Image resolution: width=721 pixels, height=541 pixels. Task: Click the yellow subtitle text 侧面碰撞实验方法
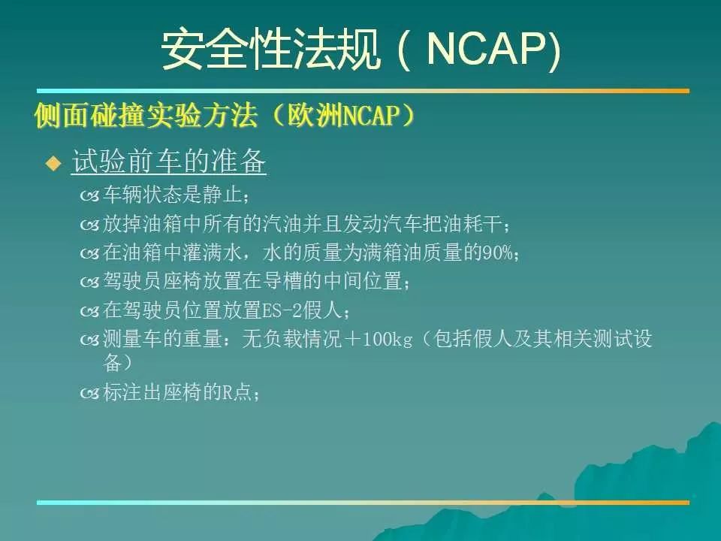point(146,115)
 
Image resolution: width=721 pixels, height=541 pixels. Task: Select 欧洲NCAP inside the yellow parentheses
point(342,115)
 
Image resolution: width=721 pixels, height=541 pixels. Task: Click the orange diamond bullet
point(54,163)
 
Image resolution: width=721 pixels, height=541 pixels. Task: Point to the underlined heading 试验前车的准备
point(169,161)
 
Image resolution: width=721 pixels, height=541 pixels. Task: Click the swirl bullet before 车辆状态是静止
point(89,196)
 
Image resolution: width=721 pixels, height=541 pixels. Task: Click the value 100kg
point(388,340)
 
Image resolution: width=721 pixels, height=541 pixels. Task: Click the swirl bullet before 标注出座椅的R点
point(89,393)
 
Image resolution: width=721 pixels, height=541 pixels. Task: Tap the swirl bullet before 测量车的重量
point(89,340)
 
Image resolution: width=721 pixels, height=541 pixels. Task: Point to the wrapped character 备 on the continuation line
point(112,362)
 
